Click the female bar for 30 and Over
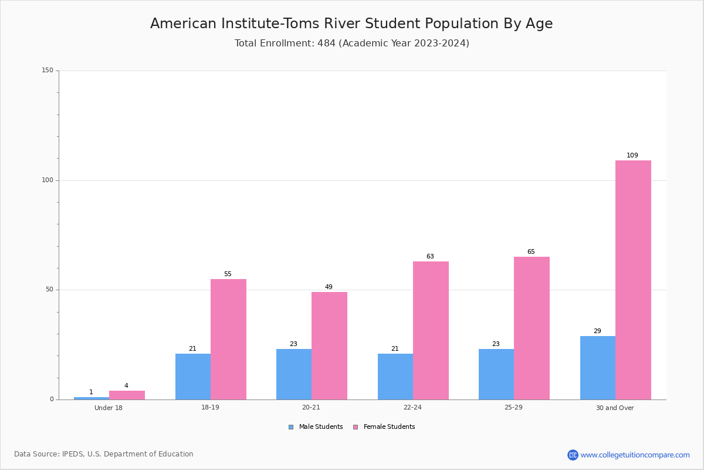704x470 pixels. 633,280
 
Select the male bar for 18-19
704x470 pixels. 193,377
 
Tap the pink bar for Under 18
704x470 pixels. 127,395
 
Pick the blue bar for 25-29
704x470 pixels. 496,374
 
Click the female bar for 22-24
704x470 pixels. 431,331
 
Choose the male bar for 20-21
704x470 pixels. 294,374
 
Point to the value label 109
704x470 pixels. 632,155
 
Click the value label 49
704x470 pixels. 329,287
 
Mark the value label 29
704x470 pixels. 597,331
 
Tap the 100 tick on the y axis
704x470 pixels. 48,180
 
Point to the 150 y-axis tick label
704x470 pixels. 48,70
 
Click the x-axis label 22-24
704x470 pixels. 412,407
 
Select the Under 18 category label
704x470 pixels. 109,408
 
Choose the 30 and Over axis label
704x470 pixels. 615,408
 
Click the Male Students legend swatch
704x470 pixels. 291,427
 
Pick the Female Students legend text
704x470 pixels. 389,427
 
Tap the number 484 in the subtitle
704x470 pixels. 326,43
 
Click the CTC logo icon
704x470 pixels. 573,455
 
